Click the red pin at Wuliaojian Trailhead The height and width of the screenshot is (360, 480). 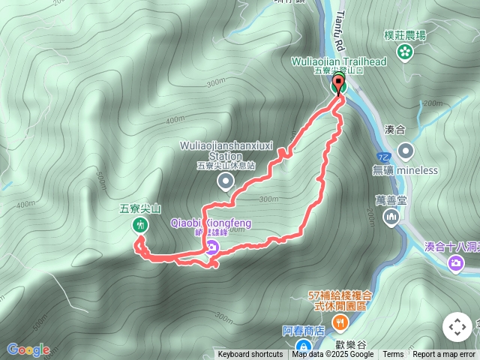point(337,82)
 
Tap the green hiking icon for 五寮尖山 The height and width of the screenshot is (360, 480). point(139,225)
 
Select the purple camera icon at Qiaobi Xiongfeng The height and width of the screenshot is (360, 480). point(213,248)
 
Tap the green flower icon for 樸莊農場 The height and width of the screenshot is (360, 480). point(405,52)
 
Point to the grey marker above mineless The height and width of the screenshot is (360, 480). point(405,151)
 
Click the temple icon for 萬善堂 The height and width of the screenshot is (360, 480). point(391,217)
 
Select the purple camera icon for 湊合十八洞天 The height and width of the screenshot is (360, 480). point(456,262)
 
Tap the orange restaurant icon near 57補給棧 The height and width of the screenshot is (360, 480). point(341,323)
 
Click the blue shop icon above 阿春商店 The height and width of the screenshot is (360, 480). point(303,346)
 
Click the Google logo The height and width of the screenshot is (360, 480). point(28,349)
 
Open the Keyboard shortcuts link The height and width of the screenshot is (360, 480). point(250,355)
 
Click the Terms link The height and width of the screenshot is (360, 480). point(393,355)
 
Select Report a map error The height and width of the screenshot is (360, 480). point(444,355)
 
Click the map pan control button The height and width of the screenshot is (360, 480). point(457,327)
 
